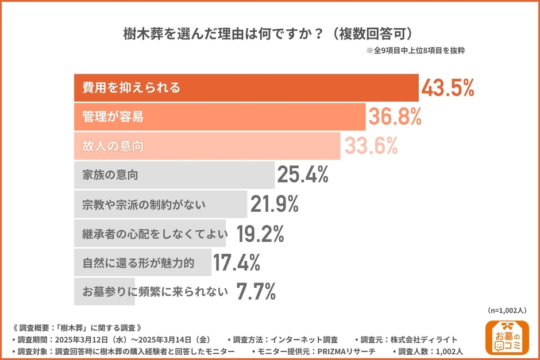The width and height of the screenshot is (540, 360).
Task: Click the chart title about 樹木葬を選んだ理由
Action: pyautogui.click(x=269, y=32)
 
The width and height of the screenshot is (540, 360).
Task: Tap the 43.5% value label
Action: pyautogui.click(x=448, y=87)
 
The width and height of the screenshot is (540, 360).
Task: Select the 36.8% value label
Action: pyautogui.click(x=395, y=117)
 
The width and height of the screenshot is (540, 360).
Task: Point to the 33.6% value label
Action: pyautogui.click(x=371, y=146)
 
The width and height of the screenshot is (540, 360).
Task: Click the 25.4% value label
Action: pyautogui.click(x=303, y=175)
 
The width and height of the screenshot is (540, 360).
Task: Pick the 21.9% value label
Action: pyautogui.click(x=275, y=204)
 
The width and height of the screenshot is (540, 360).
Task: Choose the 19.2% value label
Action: pyautogui.click(x=260, y=234)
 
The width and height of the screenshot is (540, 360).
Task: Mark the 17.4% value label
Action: pyautogui.click(x=237, y=263)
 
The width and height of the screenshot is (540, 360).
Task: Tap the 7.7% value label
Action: pyautogui.click(x=256, y=292)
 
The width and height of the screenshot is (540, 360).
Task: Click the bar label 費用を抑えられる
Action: pyautogui.click(x=132, y=88)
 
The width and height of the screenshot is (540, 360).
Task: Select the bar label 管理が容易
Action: pyautogui.click(x=113, y=117)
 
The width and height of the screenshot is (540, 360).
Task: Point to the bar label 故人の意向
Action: pyautogui.click(x=113, y=146)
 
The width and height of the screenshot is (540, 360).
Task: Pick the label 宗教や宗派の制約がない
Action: pyautogui.click(x=144, y=204)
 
